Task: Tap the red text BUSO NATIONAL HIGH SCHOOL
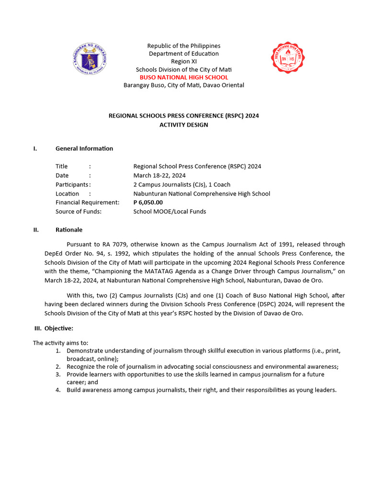point(184,77)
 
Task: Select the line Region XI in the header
point(184,61)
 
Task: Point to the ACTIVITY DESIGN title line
point(184,125)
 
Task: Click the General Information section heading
point(84,148)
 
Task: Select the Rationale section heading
point(69,230)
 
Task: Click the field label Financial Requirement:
point(87,202)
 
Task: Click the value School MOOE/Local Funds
point(170,211)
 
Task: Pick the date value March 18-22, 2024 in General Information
point(160,175)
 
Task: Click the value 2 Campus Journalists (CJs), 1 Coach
point(182,185)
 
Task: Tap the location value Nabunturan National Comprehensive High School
point(202,194)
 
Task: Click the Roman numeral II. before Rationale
point(36,230)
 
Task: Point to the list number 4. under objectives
point(57,390)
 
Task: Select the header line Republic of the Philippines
point(184,46)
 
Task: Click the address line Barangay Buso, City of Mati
point(184,85)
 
